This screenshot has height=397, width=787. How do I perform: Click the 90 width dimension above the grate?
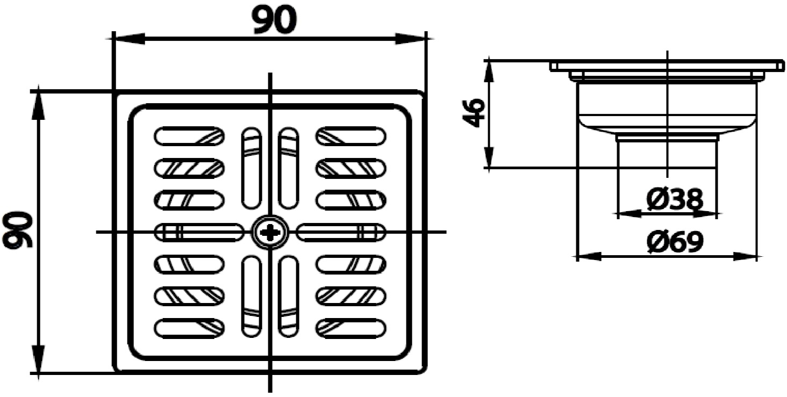[x=274, y=20]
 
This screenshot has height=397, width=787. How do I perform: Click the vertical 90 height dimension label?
[x=18, y=230]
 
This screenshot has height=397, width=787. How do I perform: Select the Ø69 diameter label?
[x=675, y=243]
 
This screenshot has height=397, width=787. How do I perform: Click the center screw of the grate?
[x=270, y=233]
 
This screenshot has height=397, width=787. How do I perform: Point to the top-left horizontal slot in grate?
[x=189, y=135]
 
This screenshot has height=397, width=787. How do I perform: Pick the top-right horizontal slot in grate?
[x=350, y=135]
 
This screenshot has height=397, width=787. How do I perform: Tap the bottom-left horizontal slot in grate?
[x=189, y=328]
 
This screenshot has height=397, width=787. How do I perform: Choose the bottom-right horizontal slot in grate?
[x=350, y=328]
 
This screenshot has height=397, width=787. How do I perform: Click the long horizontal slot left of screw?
[x=198, y=233]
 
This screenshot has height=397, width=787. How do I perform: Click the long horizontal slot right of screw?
[x=341, y=233]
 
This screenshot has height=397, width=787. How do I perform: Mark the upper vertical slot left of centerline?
[x=251, y=168]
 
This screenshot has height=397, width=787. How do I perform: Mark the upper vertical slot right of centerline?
[x=289, y=168]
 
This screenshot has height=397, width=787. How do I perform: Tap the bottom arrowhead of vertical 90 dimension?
[x=39, y=360]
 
